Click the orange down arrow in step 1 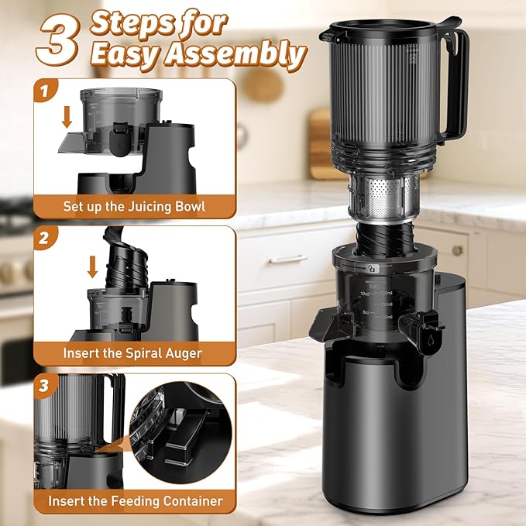(x=67, y=117)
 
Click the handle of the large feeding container (x=456, y=85)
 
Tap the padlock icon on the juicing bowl (x=373, y=266)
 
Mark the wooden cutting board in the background (x=320, y=143)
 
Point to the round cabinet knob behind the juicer (x=457, y=250)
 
